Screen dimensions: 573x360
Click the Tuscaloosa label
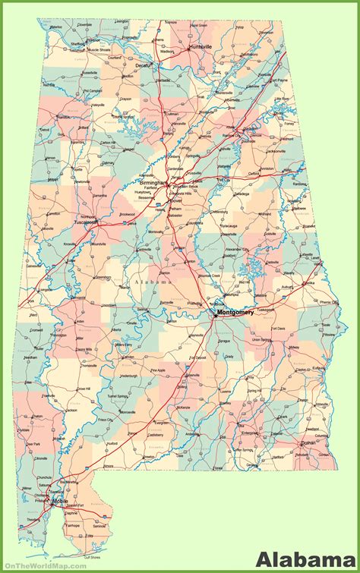coord(85,222)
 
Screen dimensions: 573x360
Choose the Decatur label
coord(144,66)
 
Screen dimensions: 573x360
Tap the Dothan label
coord(307,442)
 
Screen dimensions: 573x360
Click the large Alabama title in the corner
coord(305,559)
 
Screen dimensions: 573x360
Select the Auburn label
coord(287,288)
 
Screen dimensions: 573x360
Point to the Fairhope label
coord(73,524)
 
